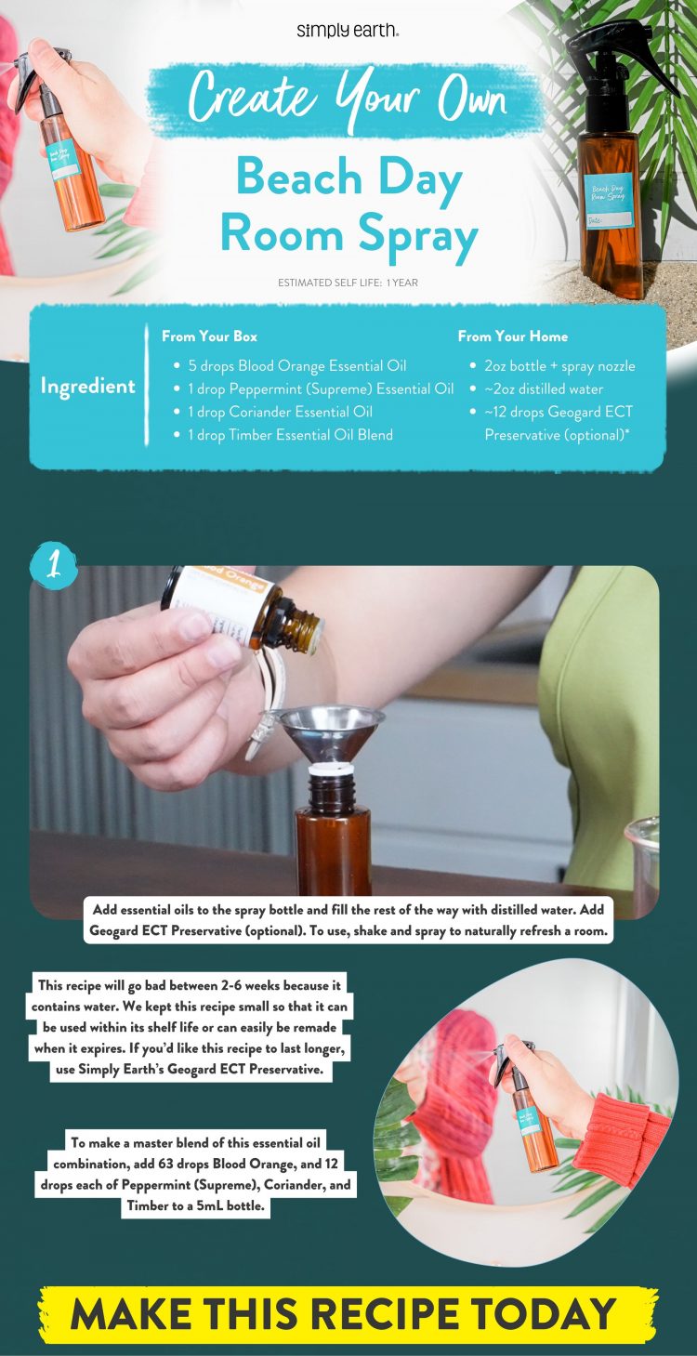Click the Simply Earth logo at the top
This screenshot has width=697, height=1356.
348,31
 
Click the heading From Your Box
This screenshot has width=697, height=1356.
209,336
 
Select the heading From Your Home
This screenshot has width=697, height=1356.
512,336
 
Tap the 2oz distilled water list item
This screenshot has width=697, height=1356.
544,389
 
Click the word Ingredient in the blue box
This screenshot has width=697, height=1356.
87,386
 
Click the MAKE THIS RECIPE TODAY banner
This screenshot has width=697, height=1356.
348,1313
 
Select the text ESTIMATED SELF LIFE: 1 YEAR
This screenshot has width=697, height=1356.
348,283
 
